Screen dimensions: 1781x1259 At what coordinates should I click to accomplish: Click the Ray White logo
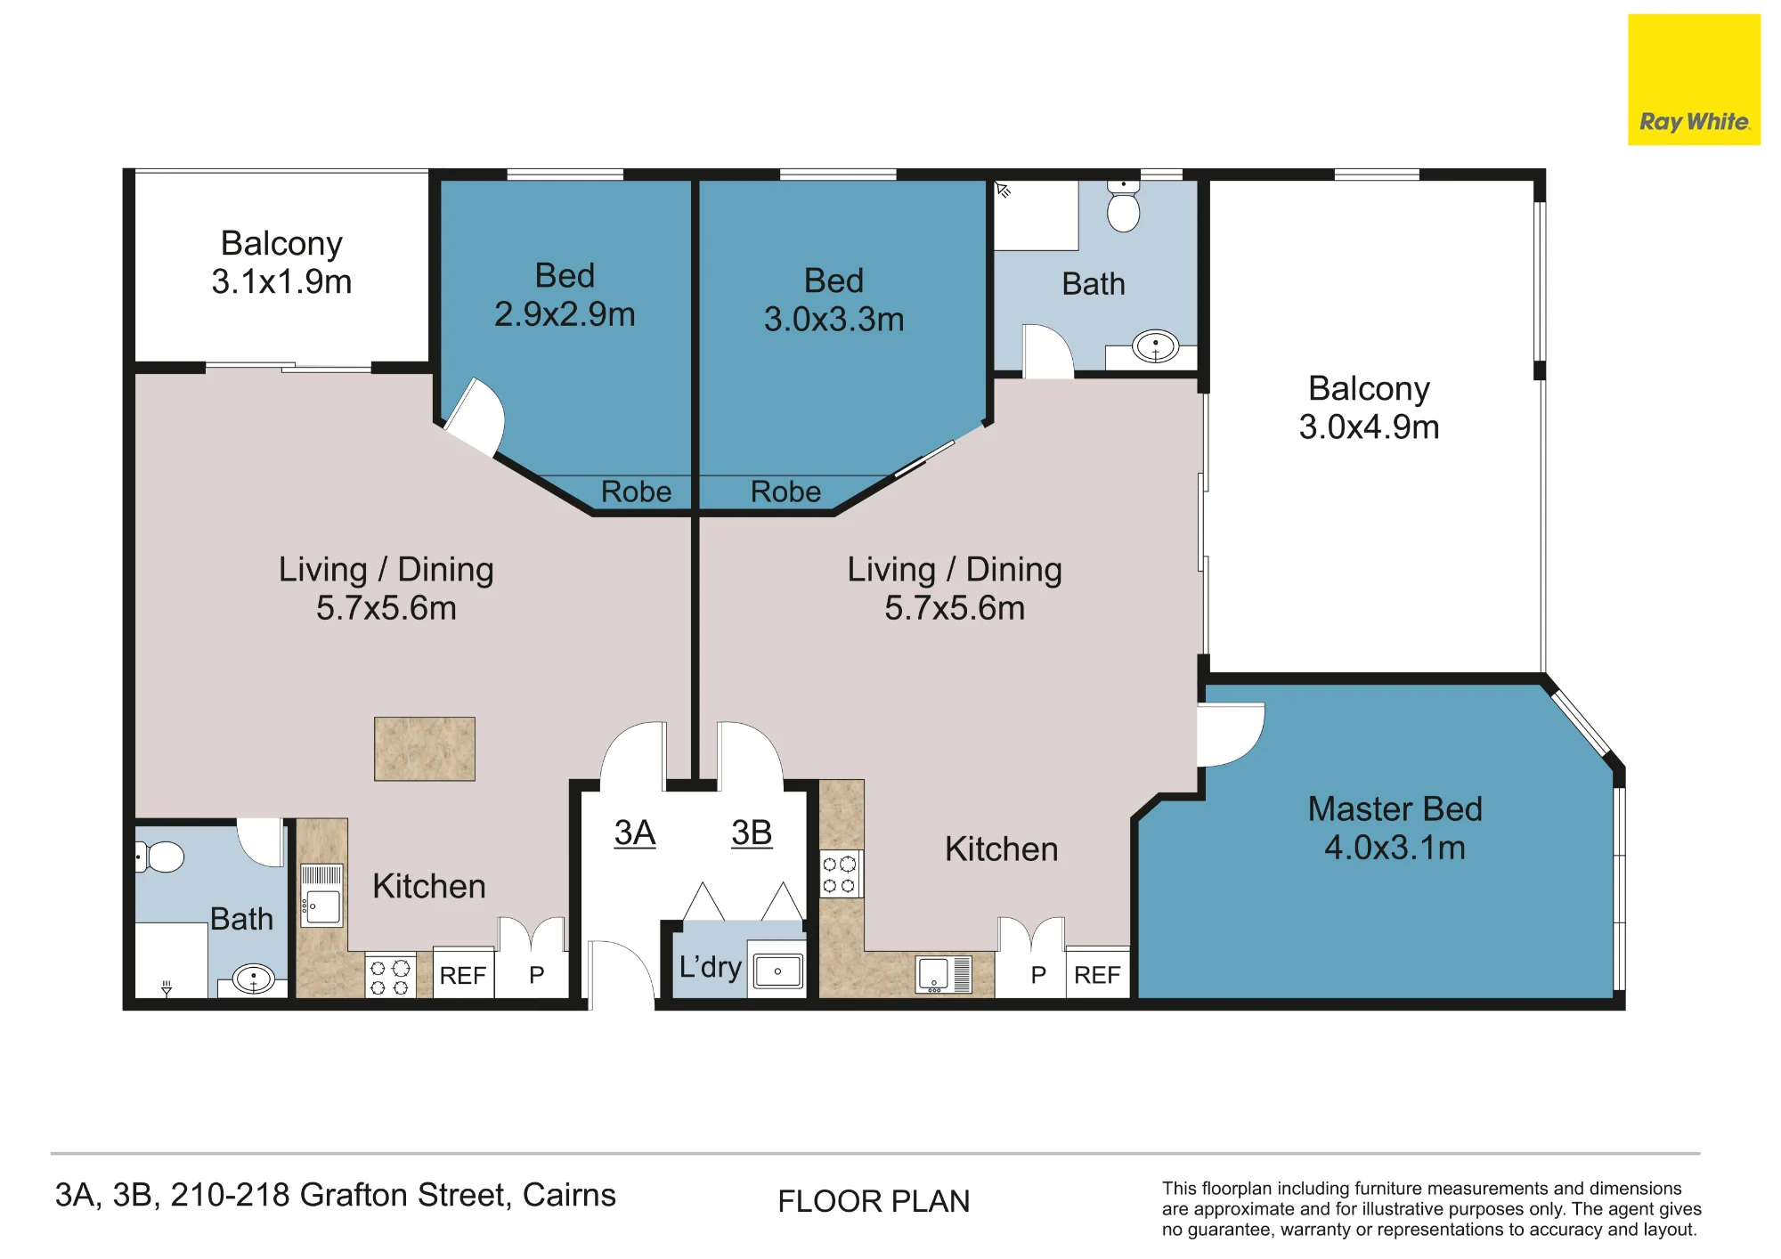(x=1694, y=79)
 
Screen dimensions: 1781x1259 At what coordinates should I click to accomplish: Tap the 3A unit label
(x=635, y=833)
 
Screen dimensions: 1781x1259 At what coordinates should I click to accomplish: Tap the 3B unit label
(x=752, y=833)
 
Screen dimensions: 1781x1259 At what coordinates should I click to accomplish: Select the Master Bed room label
(x=1395, y=808)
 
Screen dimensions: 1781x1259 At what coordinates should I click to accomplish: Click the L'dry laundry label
(x=710, y=967)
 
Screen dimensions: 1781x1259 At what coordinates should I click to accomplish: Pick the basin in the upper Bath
(x=1155, y=346)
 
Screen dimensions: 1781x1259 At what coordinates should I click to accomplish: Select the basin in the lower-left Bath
(x=254, y=979)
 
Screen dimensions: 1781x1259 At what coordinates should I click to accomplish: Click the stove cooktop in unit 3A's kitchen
(x=390, y=977)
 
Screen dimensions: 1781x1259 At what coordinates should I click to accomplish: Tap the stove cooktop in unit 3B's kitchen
(x=840, y=873)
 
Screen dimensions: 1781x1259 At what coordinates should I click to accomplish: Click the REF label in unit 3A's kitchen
(x=463, y=976)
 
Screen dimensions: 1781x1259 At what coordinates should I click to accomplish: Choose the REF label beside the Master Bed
(x=1097, y=975)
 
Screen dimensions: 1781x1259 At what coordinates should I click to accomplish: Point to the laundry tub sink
(x=777, y=971)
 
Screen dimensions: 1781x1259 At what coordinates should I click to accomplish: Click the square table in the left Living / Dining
(x=425, y=749)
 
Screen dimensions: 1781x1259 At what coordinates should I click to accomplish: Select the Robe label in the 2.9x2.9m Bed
(x=636, y=491)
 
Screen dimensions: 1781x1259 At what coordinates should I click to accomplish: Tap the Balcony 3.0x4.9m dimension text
(x=1369, y=427)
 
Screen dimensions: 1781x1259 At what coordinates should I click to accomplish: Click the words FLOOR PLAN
(x=874, y=1201)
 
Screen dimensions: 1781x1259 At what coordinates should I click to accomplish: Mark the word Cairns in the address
(x=569, y=1195)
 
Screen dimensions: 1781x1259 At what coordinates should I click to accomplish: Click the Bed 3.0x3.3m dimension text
(x=834, y=320)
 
